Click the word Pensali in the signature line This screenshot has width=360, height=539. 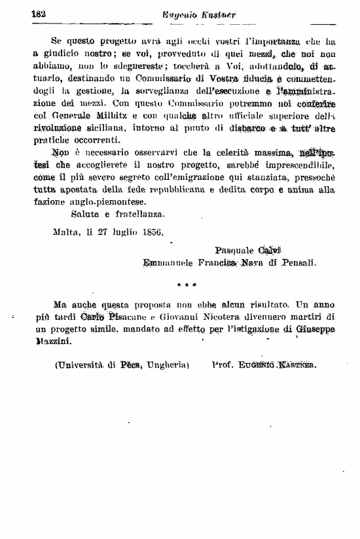pyautogui.click(x=298, y=262)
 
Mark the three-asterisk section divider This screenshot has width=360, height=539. pyautogui.click(x=187, y=285)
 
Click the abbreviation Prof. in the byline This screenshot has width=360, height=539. pyautogui.click(x=223, y=365)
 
